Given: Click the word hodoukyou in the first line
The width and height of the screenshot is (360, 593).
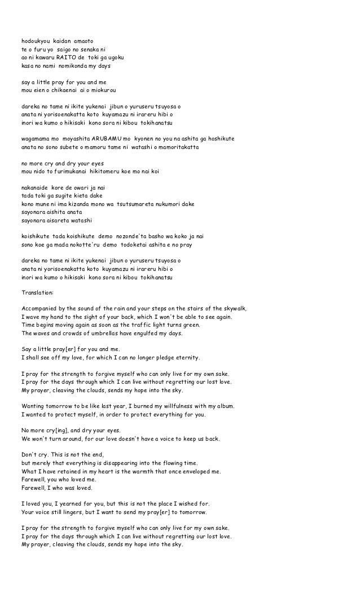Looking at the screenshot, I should [x=35, y=41].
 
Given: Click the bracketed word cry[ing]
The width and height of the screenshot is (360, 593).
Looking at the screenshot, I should [x=68, y=431].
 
